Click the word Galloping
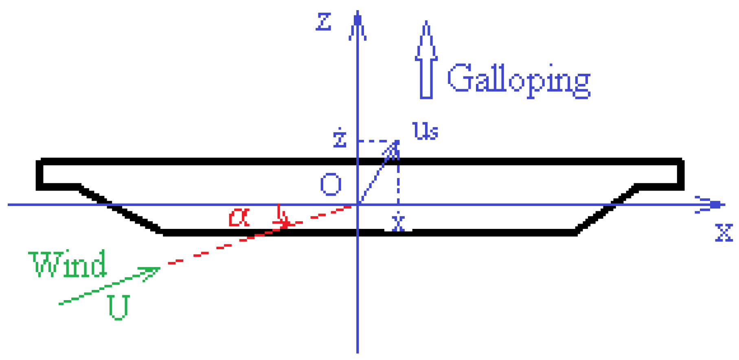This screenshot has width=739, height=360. coord(519,81)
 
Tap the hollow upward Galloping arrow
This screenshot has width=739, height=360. coord(426,61)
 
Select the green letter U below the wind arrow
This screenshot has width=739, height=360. coord(118,307)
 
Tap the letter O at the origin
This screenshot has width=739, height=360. coord(331,184)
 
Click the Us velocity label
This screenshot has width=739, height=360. coord(425,131)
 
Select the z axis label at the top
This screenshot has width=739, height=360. coord(324,22)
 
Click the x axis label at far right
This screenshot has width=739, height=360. coord(724,233)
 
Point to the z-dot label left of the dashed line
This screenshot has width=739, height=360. coord(340,138)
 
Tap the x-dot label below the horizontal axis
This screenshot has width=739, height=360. coord(398,222)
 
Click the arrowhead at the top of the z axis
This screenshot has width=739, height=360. coord(357,24)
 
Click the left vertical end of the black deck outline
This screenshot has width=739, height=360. coord(39,175)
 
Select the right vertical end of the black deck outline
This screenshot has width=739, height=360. coord(680,175)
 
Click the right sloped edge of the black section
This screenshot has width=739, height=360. coord(605,210)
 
